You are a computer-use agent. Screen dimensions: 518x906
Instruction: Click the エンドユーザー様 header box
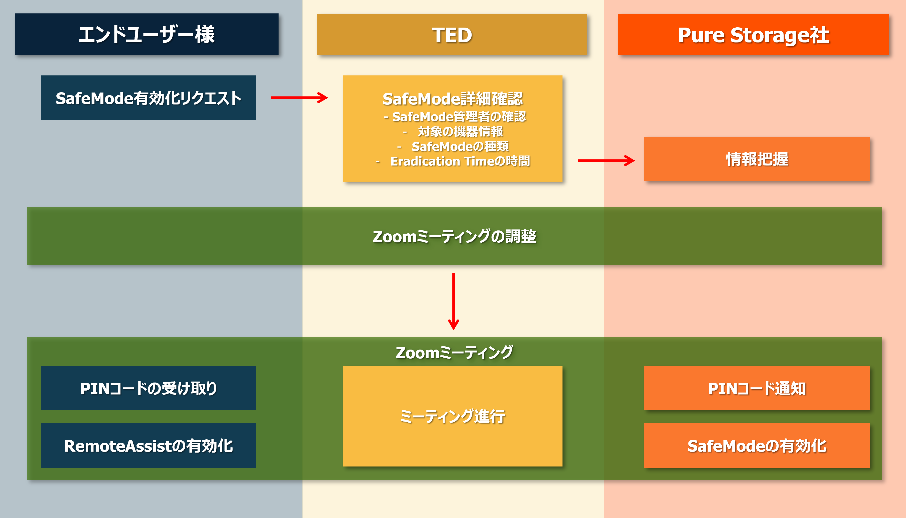tap(146, 34)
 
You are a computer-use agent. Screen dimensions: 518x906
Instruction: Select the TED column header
tap(452, 34)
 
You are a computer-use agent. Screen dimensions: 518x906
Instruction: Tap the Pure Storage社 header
tap(753, 34)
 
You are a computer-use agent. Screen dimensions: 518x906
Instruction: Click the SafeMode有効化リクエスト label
tap(148, 98)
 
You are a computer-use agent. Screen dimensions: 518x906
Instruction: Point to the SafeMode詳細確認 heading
tap(452, 99)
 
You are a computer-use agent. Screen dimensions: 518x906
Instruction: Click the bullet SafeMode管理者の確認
tap(455, 117)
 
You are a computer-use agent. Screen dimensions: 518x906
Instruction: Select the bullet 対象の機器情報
tap(460, 132)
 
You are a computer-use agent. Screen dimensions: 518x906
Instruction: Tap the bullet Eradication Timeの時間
tap(460, 161)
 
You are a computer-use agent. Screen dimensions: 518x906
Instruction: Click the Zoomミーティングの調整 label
tap(454, 236)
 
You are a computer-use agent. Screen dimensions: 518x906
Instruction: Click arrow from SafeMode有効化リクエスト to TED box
tap(299, 97)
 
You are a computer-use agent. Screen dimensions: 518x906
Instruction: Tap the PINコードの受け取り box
tap(148, 388)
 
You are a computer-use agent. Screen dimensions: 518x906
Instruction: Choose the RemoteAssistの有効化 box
tap(148, 445)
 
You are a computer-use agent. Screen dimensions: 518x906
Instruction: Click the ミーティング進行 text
tap(452, 416)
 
